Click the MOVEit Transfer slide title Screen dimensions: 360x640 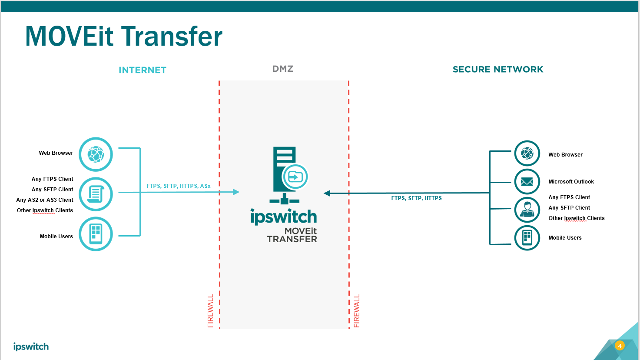(124, 36)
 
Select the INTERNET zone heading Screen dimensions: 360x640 (143, 70)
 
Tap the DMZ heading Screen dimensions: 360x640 (283, 69)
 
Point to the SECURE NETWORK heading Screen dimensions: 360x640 (498, 70)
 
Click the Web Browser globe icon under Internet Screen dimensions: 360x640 (96, 154)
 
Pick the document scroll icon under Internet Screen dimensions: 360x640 (96, 194)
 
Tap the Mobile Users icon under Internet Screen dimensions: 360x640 (96, 234)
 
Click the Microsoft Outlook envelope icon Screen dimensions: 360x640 (527, 182)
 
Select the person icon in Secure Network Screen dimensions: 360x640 (527, 210)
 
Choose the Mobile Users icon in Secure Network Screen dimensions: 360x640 (527, 238)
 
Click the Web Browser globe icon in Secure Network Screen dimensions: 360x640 (527, 153)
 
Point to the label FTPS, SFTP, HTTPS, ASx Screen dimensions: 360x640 (179, 186)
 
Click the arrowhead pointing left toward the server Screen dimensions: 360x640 (327, 193)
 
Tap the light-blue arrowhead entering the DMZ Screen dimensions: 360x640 (236, 192)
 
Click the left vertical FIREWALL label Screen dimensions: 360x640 (211, 311)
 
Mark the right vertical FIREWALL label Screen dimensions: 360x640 (357, 311)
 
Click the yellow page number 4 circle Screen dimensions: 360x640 (620, 346)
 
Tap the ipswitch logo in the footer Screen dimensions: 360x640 (31, 347)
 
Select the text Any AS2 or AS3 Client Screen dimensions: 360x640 (45, 200)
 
